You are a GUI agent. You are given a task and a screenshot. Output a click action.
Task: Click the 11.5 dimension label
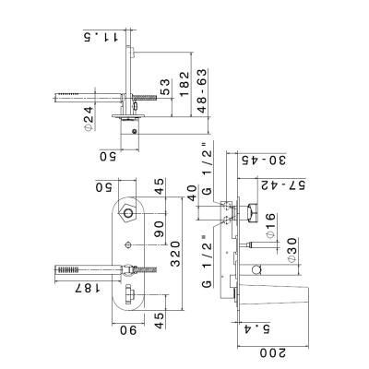[x=101, y=37]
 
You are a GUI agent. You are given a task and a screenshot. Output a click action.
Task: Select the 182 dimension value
[x=184, y=84]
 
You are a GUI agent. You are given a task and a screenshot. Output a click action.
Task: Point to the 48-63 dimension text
[x=202, y=90]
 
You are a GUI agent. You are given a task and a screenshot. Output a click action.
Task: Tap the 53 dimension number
[x=165, y=87]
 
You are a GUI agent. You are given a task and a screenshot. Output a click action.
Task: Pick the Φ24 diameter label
[x=89, y=119]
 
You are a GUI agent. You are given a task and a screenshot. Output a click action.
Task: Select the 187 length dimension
[x=88, y=288]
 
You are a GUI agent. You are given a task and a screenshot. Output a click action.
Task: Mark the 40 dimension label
[x=192, y=193]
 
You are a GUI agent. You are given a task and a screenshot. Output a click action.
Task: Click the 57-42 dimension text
[x=282, y=185]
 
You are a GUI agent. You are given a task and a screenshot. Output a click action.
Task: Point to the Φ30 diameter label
[x=292, y=250]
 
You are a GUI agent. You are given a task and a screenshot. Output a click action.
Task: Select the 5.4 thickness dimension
[x=257, y=329]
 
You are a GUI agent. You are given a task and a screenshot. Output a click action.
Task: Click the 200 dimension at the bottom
[x=273, y=352]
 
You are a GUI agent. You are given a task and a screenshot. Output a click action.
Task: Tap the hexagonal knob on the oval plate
[x=126, y=212]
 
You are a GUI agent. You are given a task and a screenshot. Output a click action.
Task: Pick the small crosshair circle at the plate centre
[x=128, y=245]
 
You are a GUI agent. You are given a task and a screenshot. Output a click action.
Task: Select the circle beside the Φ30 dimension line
[x=256, y=270]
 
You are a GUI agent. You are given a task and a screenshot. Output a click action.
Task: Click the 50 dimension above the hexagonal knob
[x=105, y=187]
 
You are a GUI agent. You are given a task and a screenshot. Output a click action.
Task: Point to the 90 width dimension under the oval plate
[x=128, y=330]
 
